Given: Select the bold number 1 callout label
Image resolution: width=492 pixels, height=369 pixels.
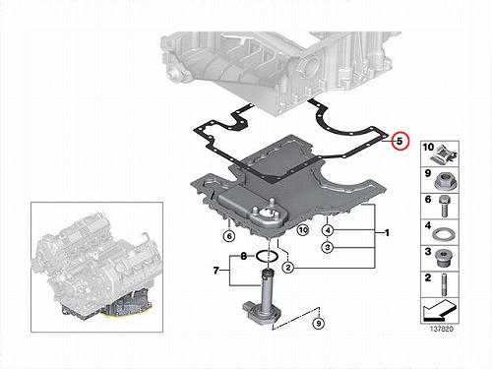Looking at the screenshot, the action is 387,233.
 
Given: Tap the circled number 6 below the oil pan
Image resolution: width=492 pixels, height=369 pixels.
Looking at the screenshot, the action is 229,236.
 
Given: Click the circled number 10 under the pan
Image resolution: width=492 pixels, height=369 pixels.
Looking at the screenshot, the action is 303,230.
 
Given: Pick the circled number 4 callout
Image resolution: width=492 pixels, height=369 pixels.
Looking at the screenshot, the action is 328,230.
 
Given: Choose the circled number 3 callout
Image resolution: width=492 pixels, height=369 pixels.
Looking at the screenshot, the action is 328,247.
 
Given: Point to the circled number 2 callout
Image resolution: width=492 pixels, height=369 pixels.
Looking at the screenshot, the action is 288,268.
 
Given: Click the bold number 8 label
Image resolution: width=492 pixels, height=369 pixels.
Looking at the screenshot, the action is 243,256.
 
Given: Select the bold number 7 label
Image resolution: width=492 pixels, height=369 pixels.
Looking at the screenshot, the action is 215,271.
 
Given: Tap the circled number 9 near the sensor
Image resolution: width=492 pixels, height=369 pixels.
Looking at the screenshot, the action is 318,324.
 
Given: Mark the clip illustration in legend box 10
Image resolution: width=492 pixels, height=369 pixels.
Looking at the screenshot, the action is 444,154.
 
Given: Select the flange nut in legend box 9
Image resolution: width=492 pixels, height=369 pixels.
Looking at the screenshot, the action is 444,181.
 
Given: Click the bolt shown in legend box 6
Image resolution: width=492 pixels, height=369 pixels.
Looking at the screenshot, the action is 444,206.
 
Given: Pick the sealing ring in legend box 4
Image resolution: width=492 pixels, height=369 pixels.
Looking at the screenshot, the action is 444,235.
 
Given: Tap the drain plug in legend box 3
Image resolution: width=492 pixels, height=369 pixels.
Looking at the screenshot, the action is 444,258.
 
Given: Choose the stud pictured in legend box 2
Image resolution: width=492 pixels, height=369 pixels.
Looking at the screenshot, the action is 445,284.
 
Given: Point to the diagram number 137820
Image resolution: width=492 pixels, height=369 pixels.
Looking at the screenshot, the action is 442,329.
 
